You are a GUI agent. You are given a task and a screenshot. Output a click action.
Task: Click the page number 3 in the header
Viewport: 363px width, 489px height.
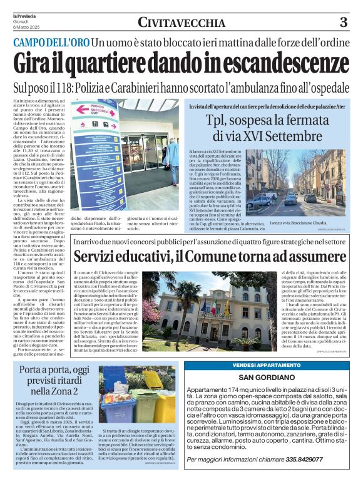[343, 23]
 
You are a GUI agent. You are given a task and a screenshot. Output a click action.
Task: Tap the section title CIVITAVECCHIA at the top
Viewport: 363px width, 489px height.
[181, 23]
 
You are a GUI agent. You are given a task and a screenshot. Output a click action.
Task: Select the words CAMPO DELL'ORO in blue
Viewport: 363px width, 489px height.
[51, 43]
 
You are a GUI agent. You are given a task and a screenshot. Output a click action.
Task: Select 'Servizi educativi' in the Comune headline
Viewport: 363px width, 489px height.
[118, 257]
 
